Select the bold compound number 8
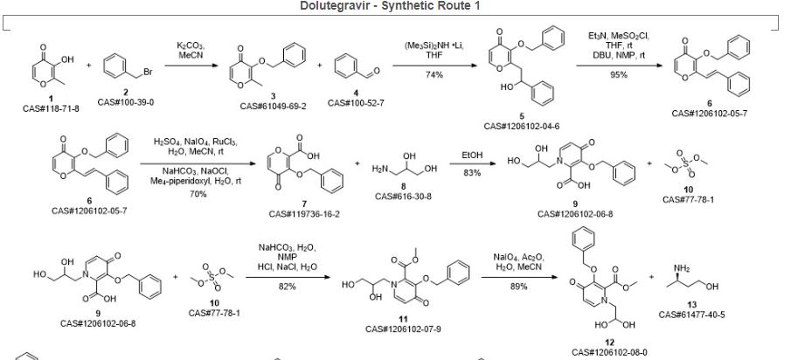402,186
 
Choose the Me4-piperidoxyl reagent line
198,181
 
